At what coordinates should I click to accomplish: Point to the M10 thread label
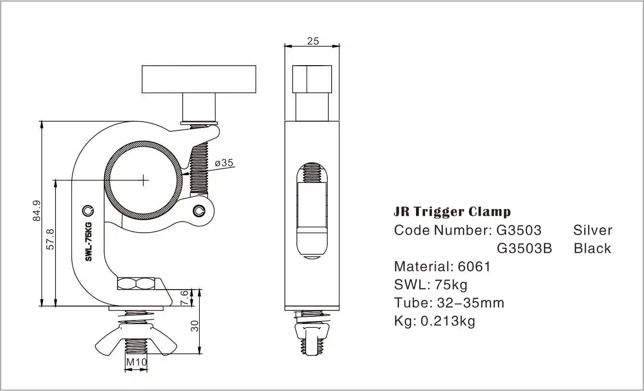click(136, 362)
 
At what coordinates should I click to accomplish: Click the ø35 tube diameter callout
click(224, 163)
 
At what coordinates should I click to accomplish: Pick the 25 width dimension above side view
click(313, 41)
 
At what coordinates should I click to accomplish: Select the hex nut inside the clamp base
click(136, 283)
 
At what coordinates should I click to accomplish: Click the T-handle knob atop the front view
click(198, 79)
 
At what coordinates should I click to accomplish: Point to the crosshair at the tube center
click(144, 180)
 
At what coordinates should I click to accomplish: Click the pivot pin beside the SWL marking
click(88, 210)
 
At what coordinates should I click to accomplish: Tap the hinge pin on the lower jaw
click(200, 210)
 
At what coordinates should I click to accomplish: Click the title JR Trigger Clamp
click(452, 211)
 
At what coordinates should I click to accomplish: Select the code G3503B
click(524, 248)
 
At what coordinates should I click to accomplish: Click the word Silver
click(592, 230)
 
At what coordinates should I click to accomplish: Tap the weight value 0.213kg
click(447, 321)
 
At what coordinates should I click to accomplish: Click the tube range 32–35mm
click(470, 303)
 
